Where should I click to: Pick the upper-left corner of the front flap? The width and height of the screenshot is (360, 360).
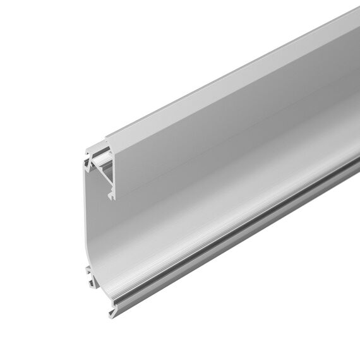[106, 140]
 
